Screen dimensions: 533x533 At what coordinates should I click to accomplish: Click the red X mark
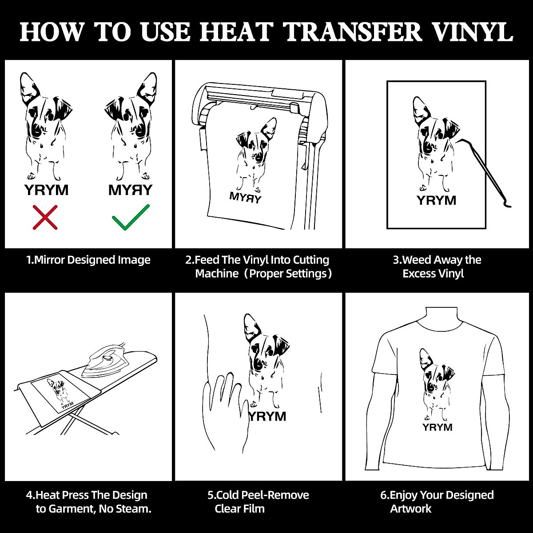pos(45,217)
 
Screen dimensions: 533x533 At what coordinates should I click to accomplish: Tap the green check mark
pos(130,217)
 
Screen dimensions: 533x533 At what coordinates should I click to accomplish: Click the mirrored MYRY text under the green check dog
pos(130,190)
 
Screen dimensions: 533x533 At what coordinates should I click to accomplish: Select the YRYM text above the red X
pos(46,190)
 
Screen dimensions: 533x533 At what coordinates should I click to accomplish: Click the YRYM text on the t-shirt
pos(437,427)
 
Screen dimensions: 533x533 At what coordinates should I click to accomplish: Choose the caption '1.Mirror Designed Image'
pos(88,260)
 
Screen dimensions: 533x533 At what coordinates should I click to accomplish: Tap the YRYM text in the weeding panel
pos(436,200)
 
